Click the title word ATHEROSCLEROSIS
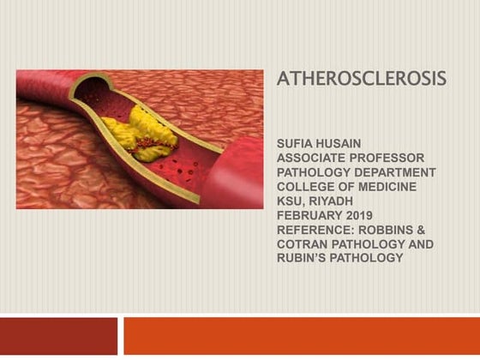(361, 80)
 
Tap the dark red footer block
(58, 336)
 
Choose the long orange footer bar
(301, 336)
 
